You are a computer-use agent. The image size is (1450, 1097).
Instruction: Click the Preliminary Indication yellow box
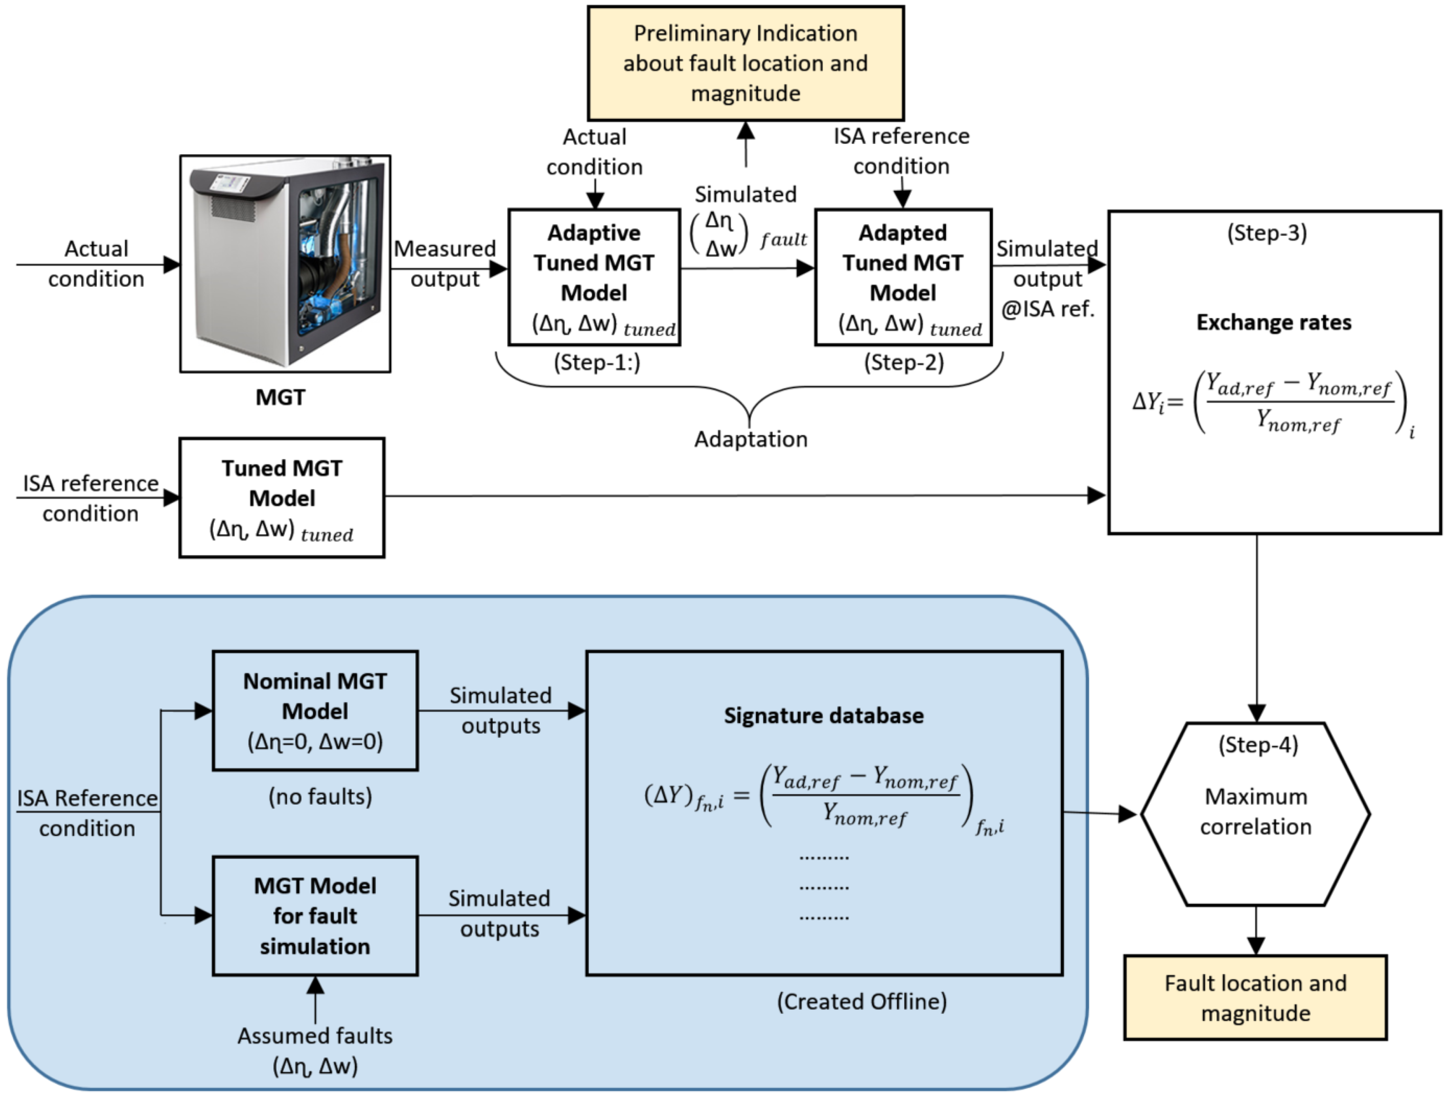coord(745,63)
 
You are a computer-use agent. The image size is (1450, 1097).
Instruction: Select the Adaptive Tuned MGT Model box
coord(594,276)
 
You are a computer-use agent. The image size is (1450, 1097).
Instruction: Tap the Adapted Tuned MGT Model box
coord(903,276)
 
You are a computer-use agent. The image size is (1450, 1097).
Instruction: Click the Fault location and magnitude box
coord(1255,997)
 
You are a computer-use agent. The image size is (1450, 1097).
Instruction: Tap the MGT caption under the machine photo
coord(281,397)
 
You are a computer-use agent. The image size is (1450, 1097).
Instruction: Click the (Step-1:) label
coord(596,362)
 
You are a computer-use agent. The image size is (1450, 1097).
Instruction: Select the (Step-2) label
coord(904,362)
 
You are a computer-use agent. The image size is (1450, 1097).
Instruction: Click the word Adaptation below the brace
coord(751,439)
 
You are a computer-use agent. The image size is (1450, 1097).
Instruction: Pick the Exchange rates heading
coord(1274,323)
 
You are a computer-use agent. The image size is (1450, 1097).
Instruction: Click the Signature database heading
coord(823,716)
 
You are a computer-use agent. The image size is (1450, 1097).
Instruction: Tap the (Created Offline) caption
coord(861,1001)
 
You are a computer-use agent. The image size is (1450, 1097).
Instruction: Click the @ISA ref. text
coord(1048,308)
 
